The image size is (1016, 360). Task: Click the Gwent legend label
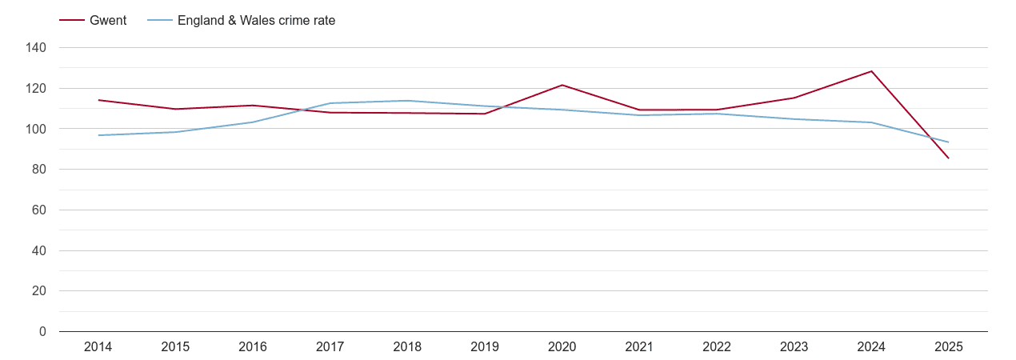pos(108,21)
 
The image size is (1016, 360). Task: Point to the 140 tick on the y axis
pos(36,48)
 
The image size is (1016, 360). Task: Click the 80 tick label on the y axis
pos(39,170)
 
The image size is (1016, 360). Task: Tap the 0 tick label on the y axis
pos(42,332)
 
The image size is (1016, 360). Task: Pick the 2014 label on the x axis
pos(98,347)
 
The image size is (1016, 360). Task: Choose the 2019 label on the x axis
pos(485,347)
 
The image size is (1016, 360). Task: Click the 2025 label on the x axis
pos(949,347)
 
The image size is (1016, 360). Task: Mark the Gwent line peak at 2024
pos(871,71)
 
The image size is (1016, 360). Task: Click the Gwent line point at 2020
pos(562,85)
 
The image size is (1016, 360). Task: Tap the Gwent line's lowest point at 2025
pos(949,158)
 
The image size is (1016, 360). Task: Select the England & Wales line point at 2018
pos(407,101)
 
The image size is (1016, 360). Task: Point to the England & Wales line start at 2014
pos(98,135)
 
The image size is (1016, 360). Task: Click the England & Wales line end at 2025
pos(949,142)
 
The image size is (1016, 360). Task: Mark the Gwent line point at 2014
pos(98,100)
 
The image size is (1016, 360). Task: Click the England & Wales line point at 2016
pos(253,122)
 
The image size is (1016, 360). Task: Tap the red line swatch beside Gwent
pos(72,21)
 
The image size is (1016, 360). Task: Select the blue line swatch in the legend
pos(160,21)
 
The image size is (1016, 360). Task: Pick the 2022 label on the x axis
pos(717,347)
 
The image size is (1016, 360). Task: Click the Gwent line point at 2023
pos(794,98)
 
